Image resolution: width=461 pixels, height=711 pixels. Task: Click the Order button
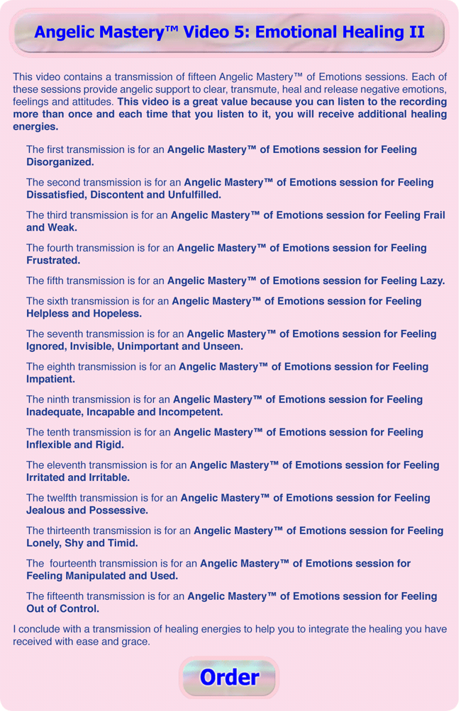point(229,677)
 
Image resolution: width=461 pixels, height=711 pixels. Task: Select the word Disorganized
point(60,162)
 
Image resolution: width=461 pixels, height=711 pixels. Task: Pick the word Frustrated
point(53,261)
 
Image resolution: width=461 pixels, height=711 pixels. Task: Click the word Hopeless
point(115,313)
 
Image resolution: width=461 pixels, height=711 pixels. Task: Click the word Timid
point(120,543)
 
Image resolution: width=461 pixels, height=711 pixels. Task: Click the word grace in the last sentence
point(133,642)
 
